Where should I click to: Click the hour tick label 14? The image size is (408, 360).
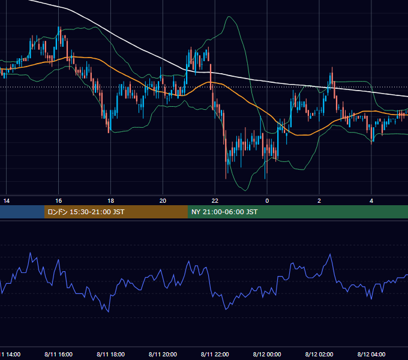coord(6,201)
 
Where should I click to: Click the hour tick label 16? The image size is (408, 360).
coord(59,201)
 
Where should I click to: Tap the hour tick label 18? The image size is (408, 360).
coord(110,201)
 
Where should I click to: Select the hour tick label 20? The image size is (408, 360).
coord(163,201)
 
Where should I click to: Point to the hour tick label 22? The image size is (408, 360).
coord(215,201)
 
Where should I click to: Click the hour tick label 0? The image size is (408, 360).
coord(267,201)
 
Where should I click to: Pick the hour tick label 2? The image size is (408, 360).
coord(319,201)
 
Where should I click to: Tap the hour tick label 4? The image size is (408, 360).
coord(371,201)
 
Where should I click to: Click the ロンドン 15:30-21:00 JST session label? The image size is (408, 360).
coord(86,212)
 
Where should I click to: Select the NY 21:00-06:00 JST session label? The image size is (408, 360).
coord(224,212)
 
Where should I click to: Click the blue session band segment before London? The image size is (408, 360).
coord(22,212)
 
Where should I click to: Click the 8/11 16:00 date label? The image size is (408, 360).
coord(59,354)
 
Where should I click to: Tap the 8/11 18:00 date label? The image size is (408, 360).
coord(110,354)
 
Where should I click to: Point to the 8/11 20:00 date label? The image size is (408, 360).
coord(163,354)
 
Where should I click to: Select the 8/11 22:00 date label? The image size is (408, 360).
coord(215,354)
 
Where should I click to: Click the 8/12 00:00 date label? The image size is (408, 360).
coord(267,354)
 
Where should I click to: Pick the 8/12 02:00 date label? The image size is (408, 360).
coord(319,354)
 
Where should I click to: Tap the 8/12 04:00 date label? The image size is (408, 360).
coord(371,354)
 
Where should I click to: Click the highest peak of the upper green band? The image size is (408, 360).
coord(229,17)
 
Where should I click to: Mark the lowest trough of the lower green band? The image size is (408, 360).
coord(245,190)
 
